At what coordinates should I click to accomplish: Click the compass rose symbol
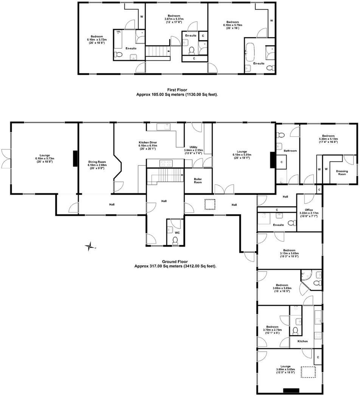90,247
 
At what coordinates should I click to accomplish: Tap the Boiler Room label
198,180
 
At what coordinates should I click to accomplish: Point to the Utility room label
193,147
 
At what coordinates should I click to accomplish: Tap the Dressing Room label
342,173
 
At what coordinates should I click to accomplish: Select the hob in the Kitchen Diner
165,163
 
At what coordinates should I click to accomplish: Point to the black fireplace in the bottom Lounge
291,390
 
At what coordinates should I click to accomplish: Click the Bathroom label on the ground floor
290,151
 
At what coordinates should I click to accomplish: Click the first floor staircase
157,51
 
